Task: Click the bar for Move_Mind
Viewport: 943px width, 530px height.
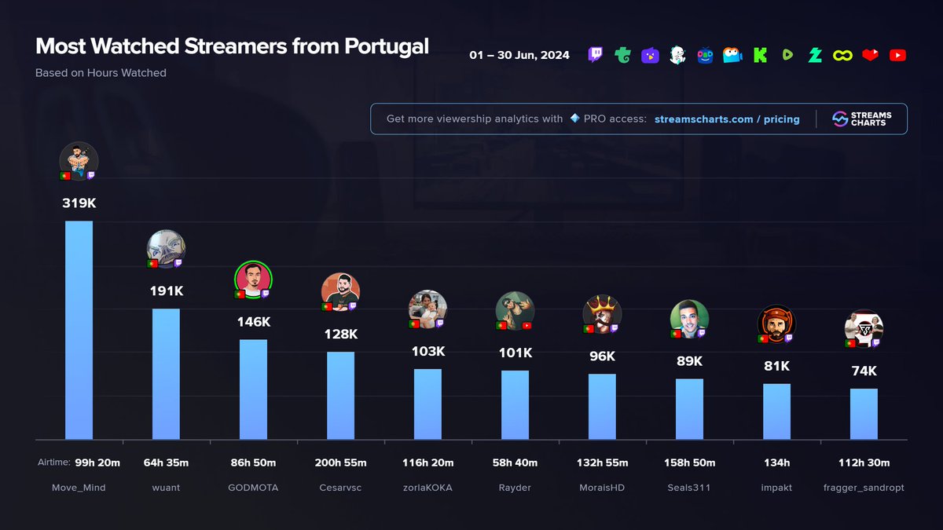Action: pos(79,330)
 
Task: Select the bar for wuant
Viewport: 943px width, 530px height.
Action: pos(166,374)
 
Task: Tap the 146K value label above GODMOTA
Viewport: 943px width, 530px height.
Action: pos(253,321)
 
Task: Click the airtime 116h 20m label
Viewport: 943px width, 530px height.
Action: pos(427,463)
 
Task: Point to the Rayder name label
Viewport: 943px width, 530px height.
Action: pos(515,488)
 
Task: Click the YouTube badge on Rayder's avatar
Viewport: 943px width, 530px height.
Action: pos(527,325)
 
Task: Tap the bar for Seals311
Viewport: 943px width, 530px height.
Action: pos(689,409)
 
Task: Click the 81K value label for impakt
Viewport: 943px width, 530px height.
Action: pos(776,366)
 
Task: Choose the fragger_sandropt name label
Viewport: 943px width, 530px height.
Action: pos(864,488)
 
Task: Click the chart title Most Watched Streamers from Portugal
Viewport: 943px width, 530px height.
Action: pos(232,46)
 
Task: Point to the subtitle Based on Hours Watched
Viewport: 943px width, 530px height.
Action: pos(101,73)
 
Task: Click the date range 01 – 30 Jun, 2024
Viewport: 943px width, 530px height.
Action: pos(519,56)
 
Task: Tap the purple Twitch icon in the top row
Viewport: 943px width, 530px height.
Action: pos(596,55)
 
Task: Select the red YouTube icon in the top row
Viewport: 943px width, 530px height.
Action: pos(897,55)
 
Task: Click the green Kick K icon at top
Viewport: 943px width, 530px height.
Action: pos(760,55)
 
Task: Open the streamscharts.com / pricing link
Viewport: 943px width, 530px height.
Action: pos(727,119)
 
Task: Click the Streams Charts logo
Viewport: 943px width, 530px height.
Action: pos(861,119)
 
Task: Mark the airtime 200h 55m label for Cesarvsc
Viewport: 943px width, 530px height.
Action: pos(340,463)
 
